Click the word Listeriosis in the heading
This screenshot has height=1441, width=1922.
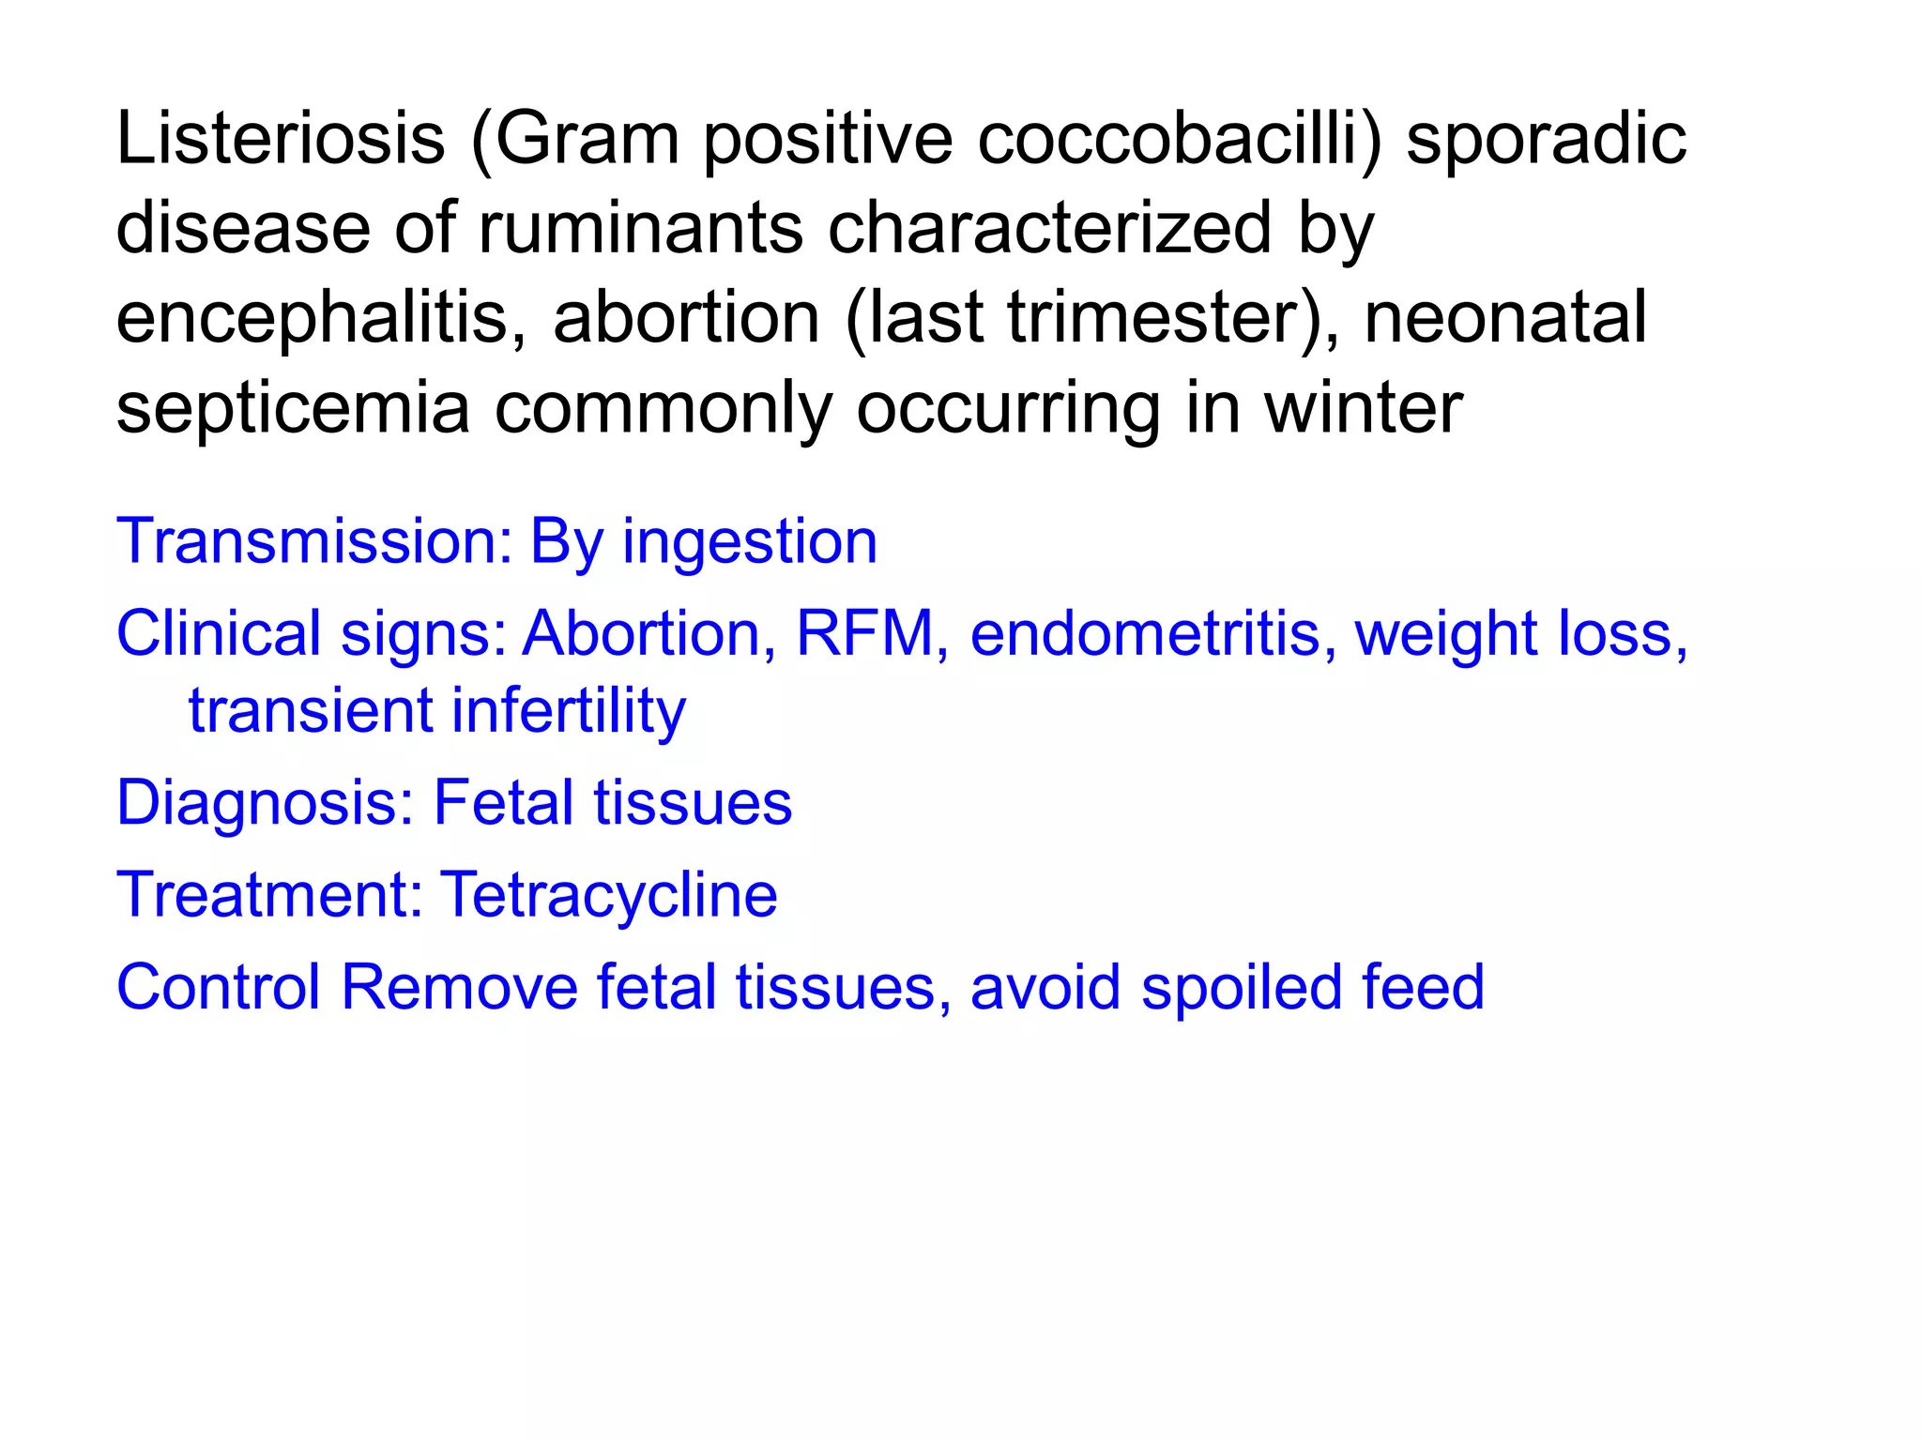(x=280, y=139)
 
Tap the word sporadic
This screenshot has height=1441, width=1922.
(x=1546, y=139)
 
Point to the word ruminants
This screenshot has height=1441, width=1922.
(x=641, y=228)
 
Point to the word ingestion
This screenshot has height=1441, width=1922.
(x=750, y=543)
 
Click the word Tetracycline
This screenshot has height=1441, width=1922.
(x=609, y=894)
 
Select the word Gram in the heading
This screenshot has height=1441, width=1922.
(x=587, y=139)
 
